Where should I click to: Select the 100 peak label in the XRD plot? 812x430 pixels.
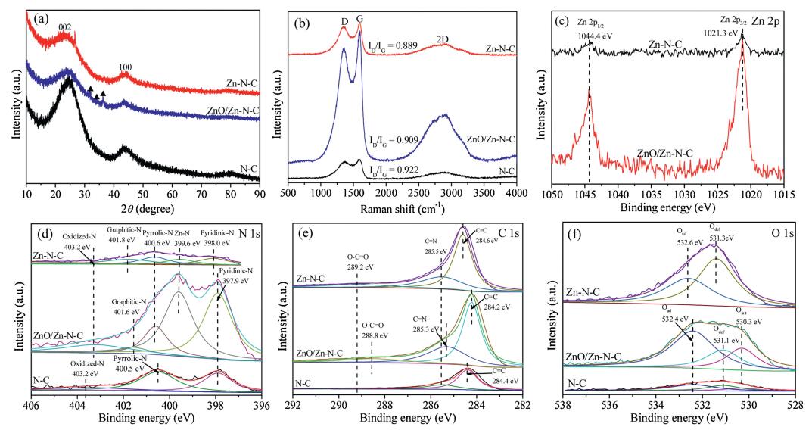point(124,66)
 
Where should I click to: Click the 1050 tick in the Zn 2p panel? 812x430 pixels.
point(552,194)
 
